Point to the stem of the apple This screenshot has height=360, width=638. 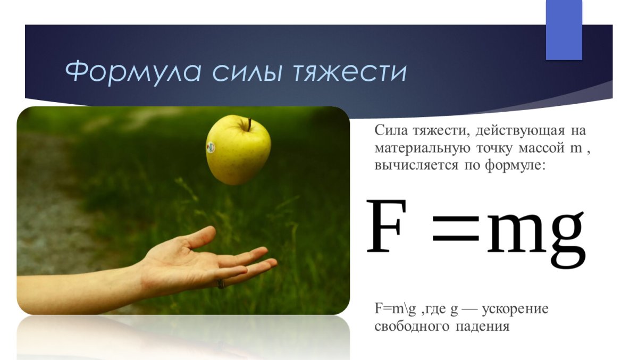click(x=248, y=124)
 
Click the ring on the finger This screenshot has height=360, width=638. click(x=221, y=283)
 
